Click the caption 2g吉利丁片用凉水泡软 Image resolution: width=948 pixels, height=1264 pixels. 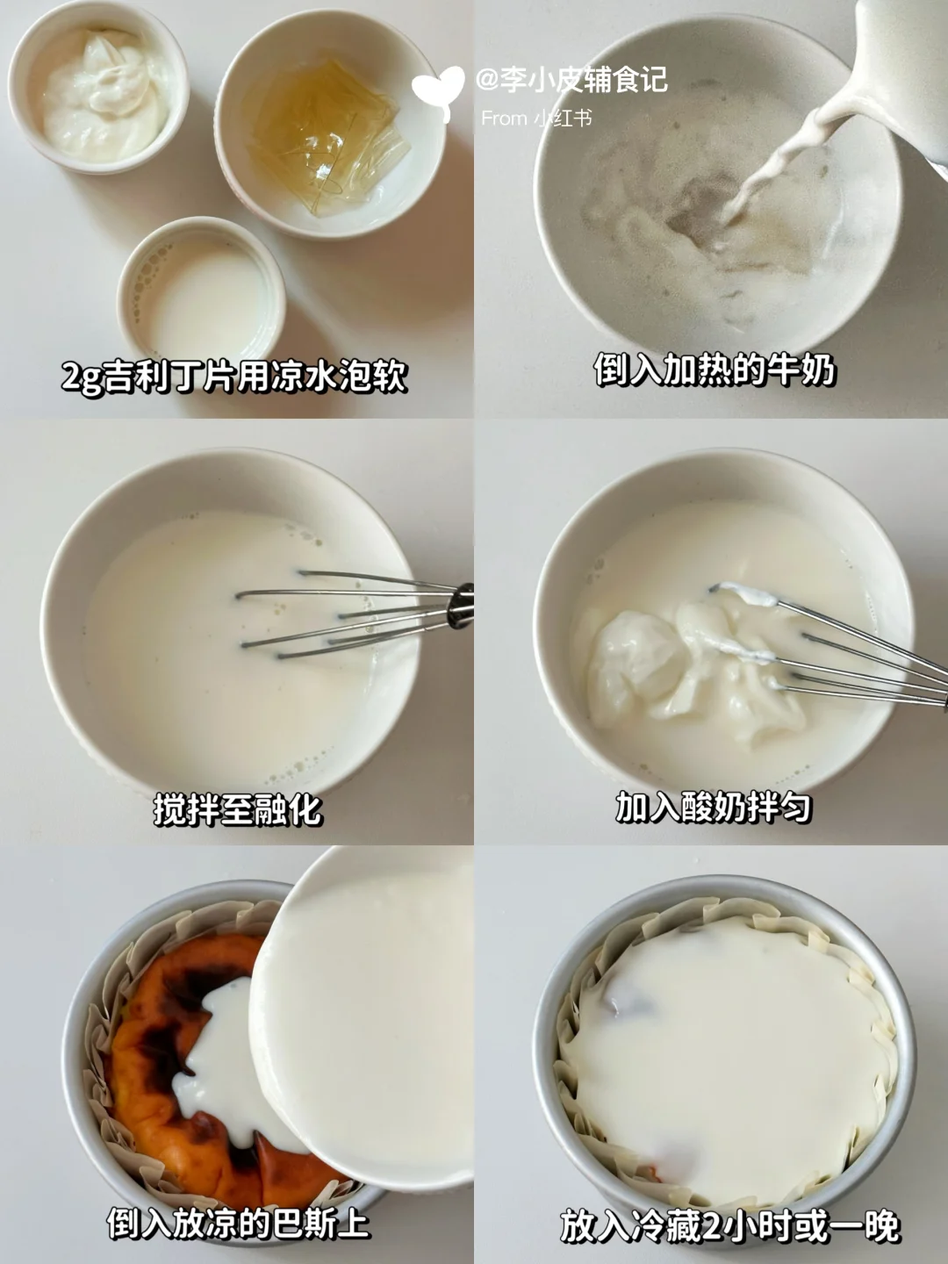coord(234,377)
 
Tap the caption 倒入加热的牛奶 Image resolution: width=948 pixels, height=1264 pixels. coord(714,370)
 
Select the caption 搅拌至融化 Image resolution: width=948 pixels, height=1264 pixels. coord(237,809)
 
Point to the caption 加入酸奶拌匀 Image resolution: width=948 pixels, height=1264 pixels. coord(713,806)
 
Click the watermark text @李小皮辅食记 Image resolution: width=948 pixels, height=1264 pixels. coord(571,80)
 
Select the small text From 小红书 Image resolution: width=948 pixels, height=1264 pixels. coord(536,118)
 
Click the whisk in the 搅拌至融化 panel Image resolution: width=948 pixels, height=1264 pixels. coord(354,614)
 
